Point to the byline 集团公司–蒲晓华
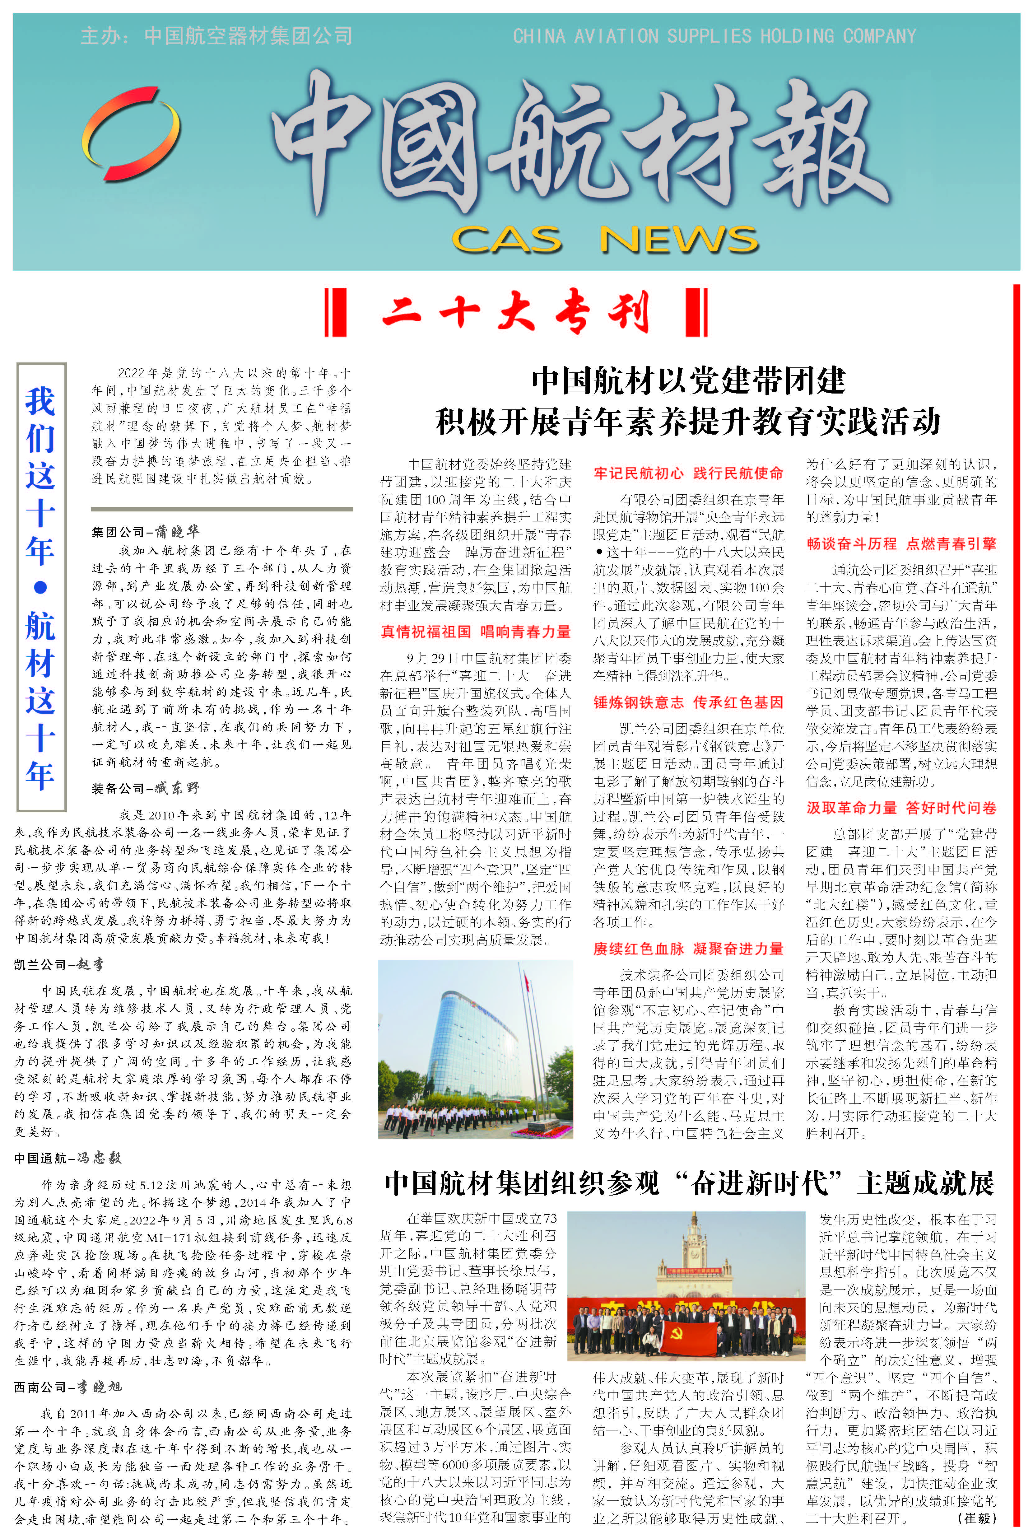click(145, 532)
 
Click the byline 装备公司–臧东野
click(145, 788)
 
